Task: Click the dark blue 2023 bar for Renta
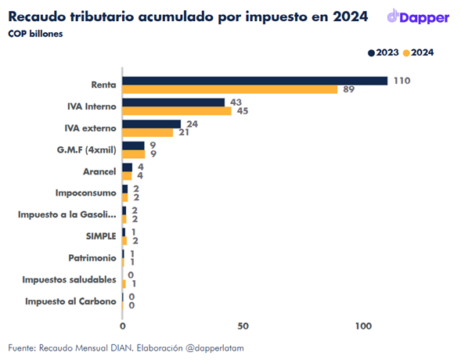pos(255,81)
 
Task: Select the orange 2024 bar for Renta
pos(230,89)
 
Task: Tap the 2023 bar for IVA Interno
pos(174,103)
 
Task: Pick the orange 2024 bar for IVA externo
pos(148,132)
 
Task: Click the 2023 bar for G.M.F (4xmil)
pos(134,146)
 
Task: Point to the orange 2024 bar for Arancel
pos(127,176)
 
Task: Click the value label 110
pos(402,81)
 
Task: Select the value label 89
pos(349,89)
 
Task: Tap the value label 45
pos(243,111)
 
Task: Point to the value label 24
pos(192,124)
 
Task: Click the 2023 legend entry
pos(384,52)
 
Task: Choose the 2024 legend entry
pos(419,52)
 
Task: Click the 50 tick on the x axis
pos(243,326)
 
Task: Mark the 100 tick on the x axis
pos(363,326)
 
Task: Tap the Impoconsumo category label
pos(86,193)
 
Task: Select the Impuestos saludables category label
pos(70,279)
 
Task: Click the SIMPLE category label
pos(101,236)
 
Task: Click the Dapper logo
pos(418,16)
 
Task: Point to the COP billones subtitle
pos(35,34)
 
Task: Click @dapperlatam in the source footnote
pos(214,348)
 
